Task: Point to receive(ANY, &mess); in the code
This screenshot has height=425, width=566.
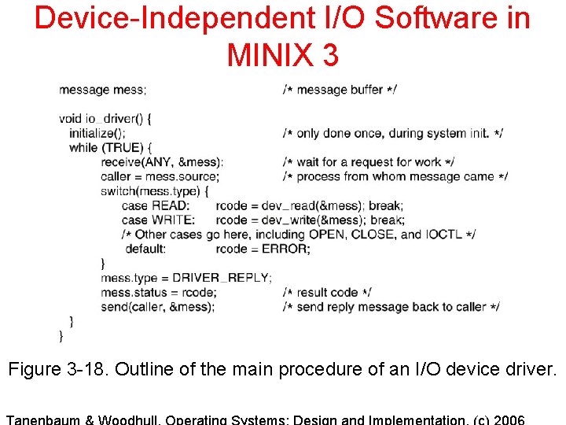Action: [162, 162]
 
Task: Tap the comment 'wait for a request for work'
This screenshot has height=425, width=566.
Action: [369, 162]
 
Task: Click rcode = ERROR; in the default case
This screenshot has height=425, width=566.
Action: [263, 249]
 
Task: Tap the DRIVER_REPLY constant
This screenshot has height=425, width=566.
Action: [222, 278]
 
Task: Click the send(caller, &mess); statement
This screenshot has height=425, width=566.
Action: [157, 307]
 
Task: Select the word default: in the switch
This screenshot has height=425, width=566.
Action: [145, 249]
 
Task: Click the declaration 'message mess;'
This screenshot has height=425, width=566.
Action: [102, 90]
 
